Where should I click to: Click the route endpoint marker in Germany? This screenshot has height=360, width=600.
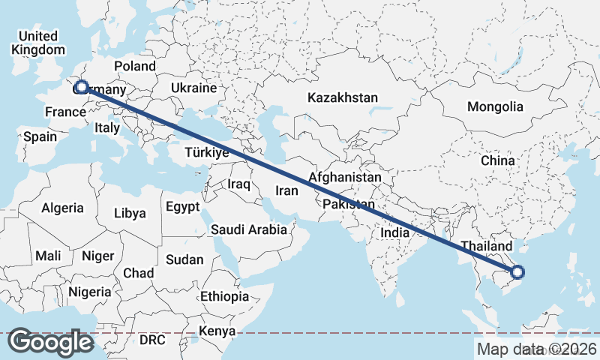[x=82, y=87]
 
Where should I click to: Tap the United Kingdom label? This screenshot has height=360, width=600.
[x=38, y=43]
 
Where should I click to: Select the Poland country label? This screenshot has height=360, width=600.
[x=134, y=66]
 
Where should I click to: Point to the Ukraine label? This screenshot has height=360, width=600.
[x=193, y=88]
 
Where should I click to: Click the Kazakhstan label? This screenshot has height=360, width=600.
[x=342, y=98]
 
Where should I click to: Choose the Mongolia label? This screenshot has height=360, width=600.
[x=494, y=106]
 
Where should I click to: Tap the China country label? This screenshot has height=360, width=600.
[x=498, y=160]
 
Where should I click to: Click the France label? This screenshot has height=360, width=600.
[x=64, y=112]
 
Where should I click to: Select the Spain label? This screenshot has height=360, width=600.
[x=40, y=136]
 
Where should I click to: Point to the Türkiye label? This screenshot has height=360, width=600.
[x=206, y=152]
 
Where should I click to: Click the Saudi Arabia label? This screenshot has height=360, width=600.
[x=248, y=229]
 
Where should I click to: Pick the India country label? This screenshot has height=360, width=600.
[x=395, y=232]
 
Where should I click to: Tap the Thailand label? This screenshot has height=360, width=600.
[x=486, y=246]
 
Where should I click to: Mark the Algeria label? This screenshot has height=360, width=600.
[x=62, y=208]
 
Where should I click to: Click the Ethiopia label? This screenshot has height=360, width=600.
[x=224, y=296]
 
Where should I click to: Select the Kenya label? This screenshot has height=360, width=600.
[x=217, y=331]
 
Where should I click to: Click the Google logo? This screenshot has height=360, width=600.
[x=50, y=342]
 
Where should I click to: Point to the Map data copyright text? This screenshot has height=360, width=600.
[x=536, y=349]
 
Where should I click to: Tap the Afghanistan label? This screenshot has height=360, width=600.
[x=345, y=178]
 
